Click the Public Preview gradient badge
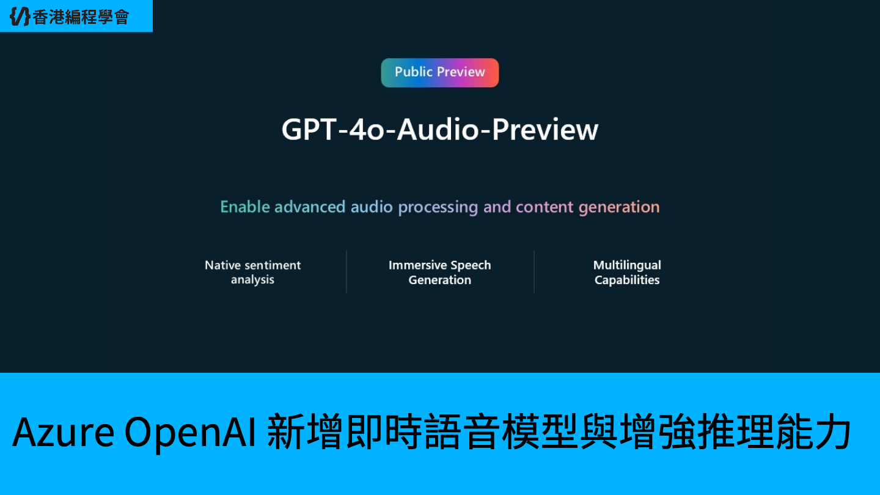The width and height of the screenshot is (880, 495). [439, 73]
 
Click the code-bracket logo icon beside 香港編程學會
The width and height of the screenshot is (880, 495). [20, 16]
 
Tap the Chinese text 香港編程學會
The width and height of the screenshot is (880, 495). [81, 17]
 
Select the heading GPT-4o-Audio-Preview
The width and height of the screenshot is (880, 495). [439, 130]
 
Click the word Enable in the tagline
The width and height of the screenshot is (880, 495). [244, 207]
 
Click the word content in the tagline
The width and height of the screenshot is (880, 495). [544, 207]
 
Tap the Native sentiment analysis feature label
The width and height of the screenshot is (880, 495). [252, 273]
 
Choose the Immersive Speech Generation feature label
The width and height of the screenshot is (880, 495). [439, 273]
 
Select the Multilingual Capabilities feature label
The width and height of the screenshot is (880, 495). [627, 273]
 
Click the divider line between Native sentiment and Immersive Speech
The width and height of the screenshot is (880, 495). [346, 272]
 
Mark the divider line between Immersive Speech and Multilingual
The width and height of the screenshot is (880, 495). [534, 272]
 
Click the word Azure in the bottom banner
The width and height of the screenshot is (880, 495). [64, 432]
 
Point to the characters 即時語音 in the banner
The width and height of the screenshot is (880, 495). [422, 431]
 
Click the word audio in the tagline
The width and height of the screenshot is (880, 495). [372, 207]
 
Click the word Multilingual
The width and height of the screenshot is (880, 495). [627, 266]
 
